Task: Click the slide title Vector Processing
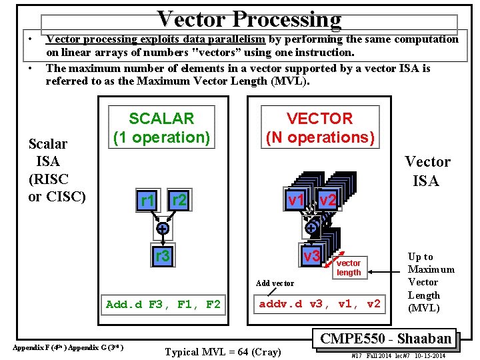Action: tap(249, 20)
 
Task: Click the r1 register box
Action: tap(147, 201)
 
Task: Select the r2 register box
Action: tap(178, 199)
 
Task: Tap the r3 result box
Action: tap(162, 256)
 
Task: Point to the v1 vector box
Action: tap(296, 199)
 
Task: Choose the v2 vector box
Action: tap(327, 199)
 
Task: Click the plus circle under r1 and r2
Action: tap(162, 228)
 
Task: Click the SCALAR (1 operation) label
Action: tap(161, 128)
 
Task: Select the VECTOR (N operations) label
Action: tap(319, 128)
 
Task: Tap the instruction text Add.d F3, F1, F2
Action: tap(163, 305)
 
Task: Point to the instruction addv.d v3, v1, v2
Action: tap(319, 305)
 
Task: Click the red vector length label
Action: tap(348, 267)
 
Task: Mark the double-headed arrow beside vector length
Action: tap(384, 272)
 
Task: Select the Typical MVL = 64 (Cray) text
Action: tap(223, 351)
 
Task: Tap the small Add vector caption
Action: tap(275, 283)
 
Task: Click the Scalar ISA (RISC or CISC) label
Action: tap(57, 170)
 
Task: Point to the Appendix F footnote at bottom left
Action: tap(67, 347)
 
